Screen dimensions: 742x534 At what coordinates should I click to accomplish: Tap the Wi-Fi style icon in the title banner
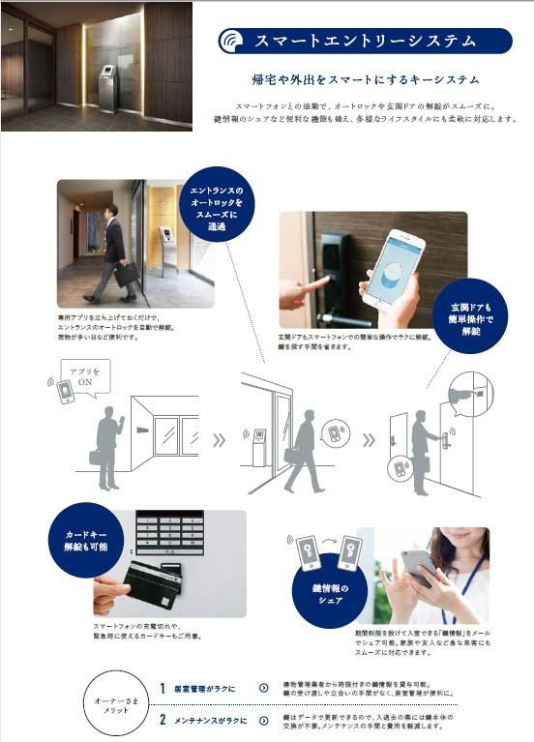(232, 42)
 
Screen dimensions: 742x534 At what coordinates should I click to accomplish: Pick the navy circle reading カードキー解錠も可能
(88, 537)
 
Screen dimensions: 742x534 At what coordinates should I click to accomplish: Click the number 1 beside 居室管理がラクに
(163, 688)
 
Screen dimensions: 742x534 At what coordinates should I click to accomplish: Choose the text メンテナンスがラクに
(211, 720)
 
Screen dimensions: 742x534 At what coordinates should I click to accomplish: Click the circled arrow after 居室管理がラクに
(263, 688)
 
